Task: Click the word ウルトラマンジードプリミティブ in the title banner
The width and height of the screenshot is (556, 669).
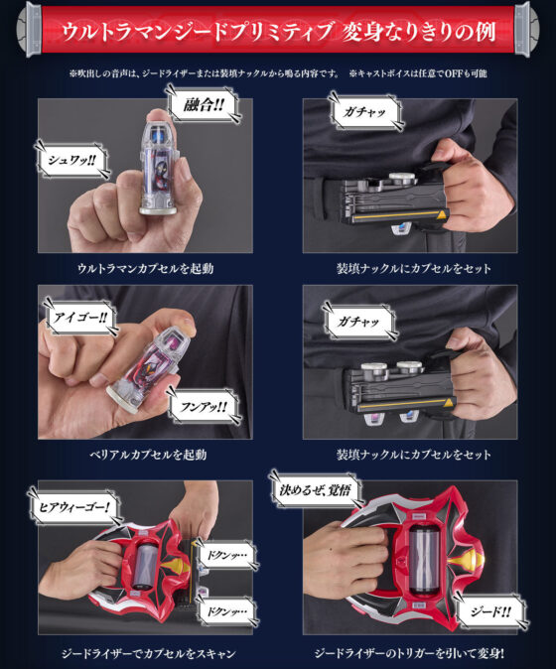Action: [198, 31]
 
